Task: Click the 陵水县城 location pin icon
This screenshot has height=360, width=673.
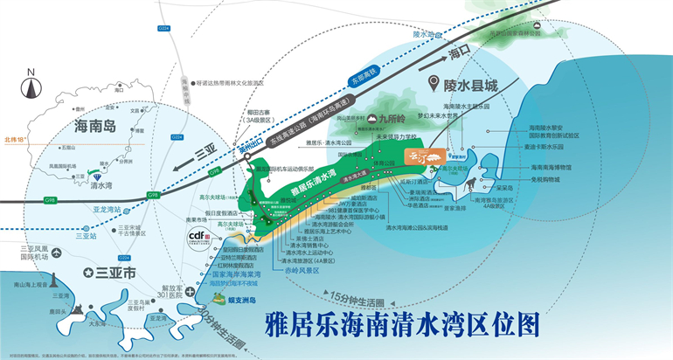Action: click(434, 84)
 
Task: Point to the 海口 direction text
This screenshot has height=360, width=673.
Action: click(459, 53)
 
